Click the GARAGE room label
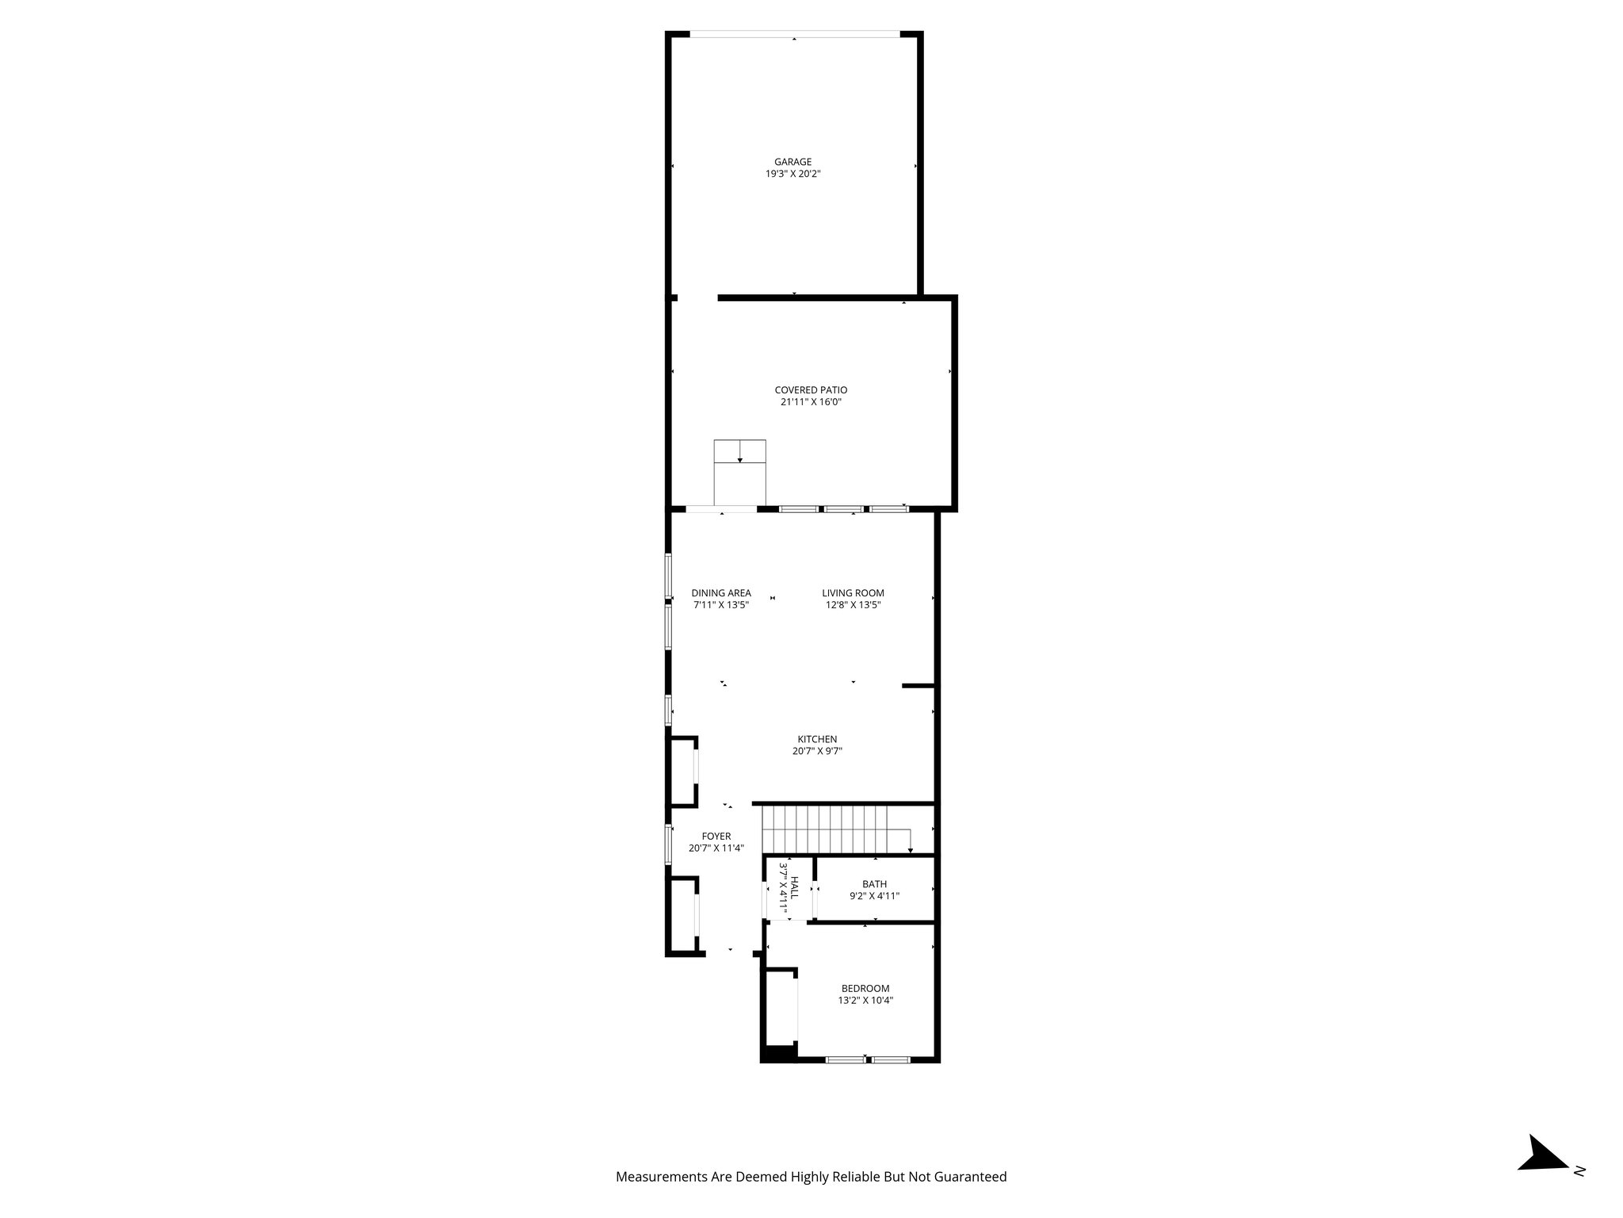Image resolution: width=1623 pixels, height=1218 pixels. [x=792, y=162]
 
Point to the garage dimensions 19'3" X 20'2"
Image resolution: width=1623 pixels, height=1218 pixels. [x=792, y=174]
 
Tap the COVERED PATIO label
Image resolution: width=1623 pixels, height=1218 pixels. [x=811, y=390]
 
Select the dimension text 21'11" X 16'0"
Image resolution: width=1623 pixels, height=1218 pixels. [x=811, y=402]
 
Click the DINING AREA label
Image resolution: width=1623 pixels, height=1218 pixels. [x=721, y=593]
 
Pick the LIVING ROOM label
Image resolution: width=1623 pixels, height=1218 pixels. [x=853, y=593]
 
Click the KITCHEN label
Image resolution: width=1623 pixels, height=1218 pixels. [x=817, y=739]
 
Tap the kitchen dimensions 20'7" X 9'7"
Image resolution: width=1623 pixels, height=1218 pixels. [x=817, y=751]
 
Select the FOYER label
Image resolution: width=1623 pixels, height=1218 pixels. [x=716, y=836]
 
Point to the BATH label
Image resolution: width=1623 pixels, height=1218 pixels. [x=874, y=884]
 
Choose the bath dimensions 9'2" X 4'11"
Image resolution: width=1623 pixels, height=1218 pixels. [x=874, y=896]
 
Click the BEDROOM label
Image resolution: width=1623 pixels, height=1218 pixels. [x=865, y=988]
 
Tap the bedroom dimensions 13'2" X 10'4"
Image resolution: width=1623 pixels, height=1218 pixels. [x=865, y=1001]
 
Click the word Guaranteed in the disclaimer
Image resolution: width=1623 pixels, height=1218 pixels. [x=971, y=1177]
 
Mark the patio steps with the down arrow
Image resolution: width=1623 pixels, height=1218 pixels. [x=739, y=471]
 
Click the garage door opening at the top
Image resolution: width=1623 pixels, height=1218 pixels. [x=794, y=34]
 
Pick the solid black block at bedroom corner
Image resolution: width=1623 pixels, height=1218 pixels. [x=778, y=1054]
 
